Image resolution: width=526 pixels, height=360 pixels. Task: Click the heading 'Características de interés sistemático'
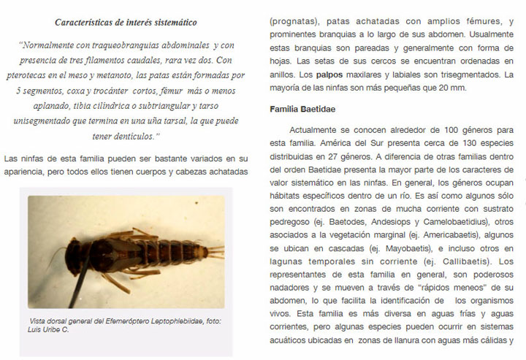tap(126, 23)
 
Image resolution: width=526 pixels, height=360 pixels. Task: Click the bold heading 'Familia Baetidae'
tap(302, 109)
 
